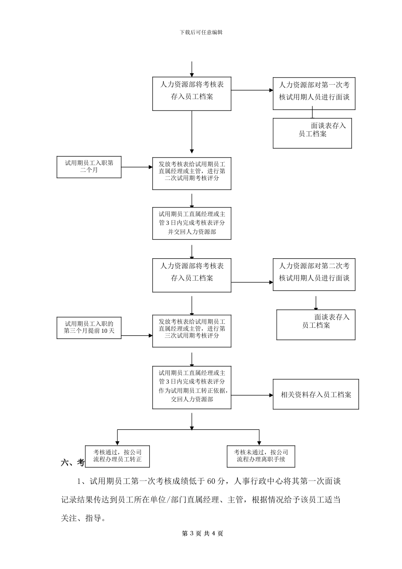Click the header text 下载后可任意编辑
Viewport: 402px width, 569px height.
click(201, 32)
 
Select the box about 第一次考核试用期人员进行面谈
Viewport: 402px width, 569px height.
click(314, 94)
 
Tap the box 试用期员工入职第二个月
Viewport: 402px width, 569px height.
click(89, 167)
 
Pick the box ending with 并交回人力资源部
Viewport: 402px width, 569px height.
click(192, 223)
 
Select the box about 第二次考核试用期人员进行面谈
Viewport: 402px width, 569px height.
click(314, 274)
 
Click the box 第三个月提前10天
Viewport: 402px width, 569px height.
click(89, 328)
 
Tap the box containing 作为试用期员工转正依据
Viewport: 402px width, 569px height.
click(192, 387)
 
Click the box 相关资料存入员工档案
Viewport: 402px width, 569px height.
click(316, 395)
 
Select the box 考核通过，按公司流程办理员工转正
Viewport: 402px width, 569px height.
click(117, 456)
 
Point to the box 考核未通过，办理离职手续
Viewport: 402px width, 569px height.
click(261, 456)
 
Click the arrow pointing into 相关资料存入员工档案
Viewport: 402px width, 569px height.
click(252, 395)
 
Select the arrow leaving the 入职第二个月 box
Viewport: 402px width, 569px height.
click(137, 167)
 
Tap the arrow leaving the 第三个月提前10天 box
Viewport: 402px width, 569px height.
click(137, 336)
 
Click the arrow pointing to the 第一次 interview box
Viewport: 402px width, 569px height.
click(252, 90)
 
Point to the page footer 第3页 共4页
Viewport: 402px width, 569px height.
click(202, 533)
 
